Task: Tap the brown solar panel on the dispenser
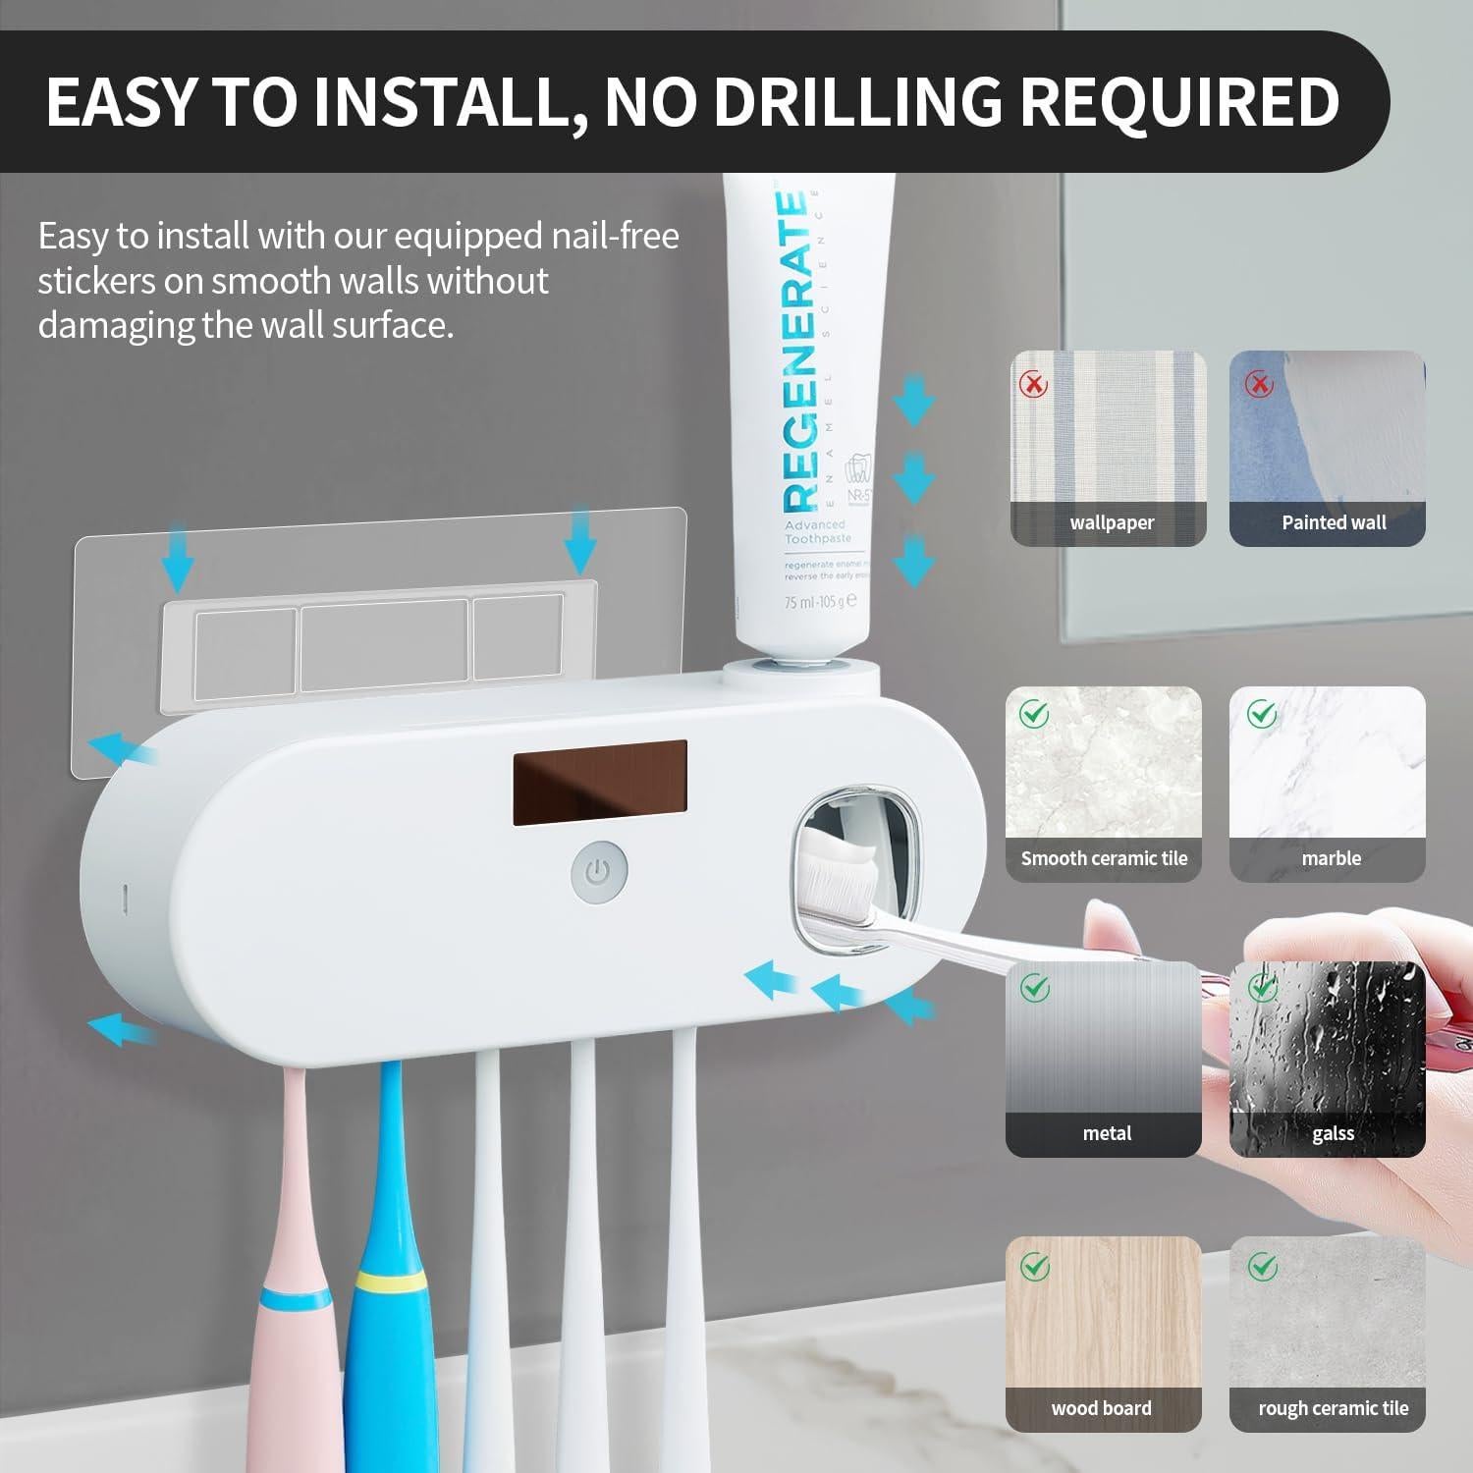pos(599,782)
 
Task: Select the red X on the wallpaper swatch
pos(1033,384)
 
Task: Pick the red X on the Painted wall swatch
pos(1258,383)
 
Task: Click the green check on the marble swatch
pos(1261,714)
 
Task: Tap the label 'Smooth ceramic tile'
pos(1104,858)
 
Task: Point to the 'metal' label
pos(1107,1133)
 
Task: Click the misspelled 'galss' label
pos(1333,1133)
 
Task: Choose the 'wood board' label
pos(1101,1408)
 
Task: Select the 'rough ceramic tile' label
pos(1333,1408)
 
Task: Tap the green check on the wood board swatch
pos(1034,1266)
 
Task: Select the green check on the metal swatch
pos(1034,987)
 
